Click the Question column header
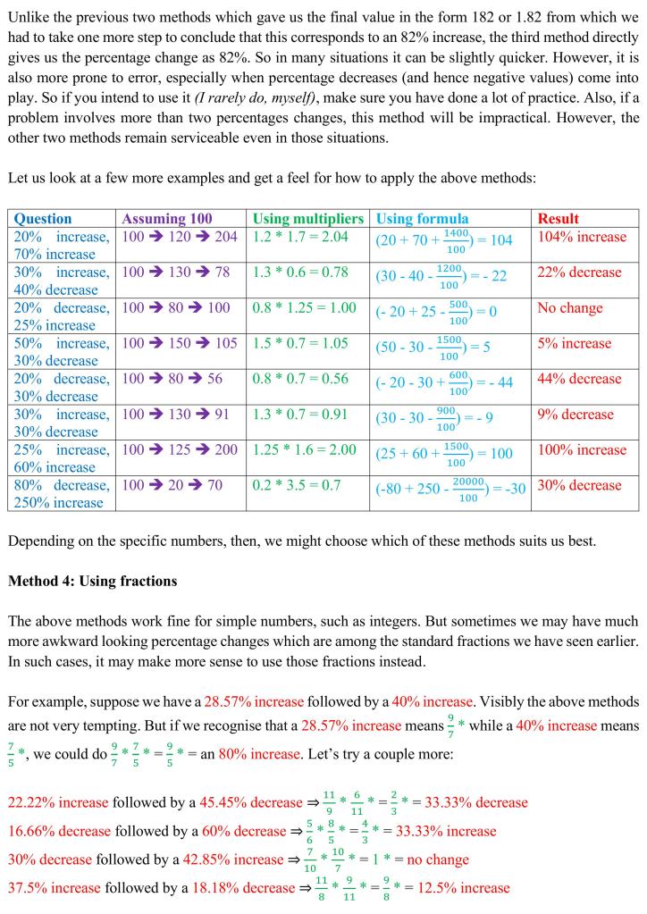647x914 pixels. coord(43,218)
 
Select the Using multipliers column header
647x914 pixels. coord(308,218)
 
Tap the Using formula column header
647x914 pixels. coord(422,218)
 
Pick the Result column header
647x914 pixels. coord(558,218)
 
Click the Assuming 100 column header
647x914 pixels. coord(167,218)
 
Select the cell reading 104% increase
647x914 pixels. coord(582,237)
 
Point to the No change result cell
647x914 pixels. coord(570,308)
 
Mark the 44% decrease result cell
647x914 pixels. coord(579,379)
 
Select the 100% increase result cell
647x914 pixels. coord(582,449)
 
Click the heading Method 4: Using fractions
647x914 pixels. coord(93,581)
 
